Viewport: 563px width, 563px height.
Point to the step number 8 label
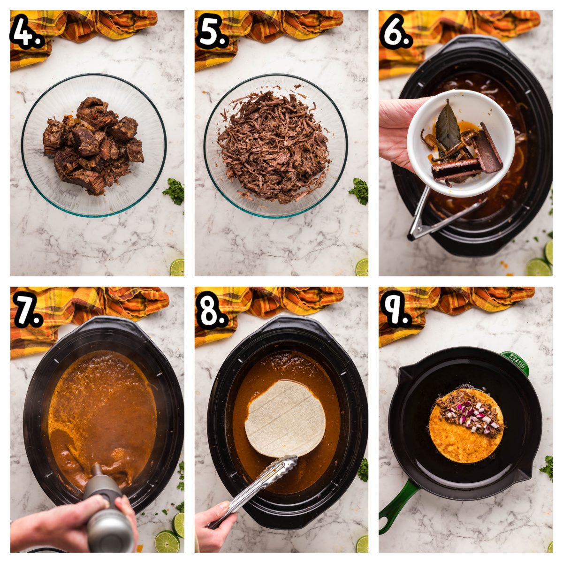click(212, 310)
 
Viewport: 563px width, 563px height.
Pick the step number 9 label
click(395, 310)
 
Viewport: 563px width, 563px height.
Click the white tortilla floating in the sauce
click(285, 418)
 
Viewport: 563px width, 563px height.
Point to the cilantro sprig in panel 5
click(359, 190)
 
